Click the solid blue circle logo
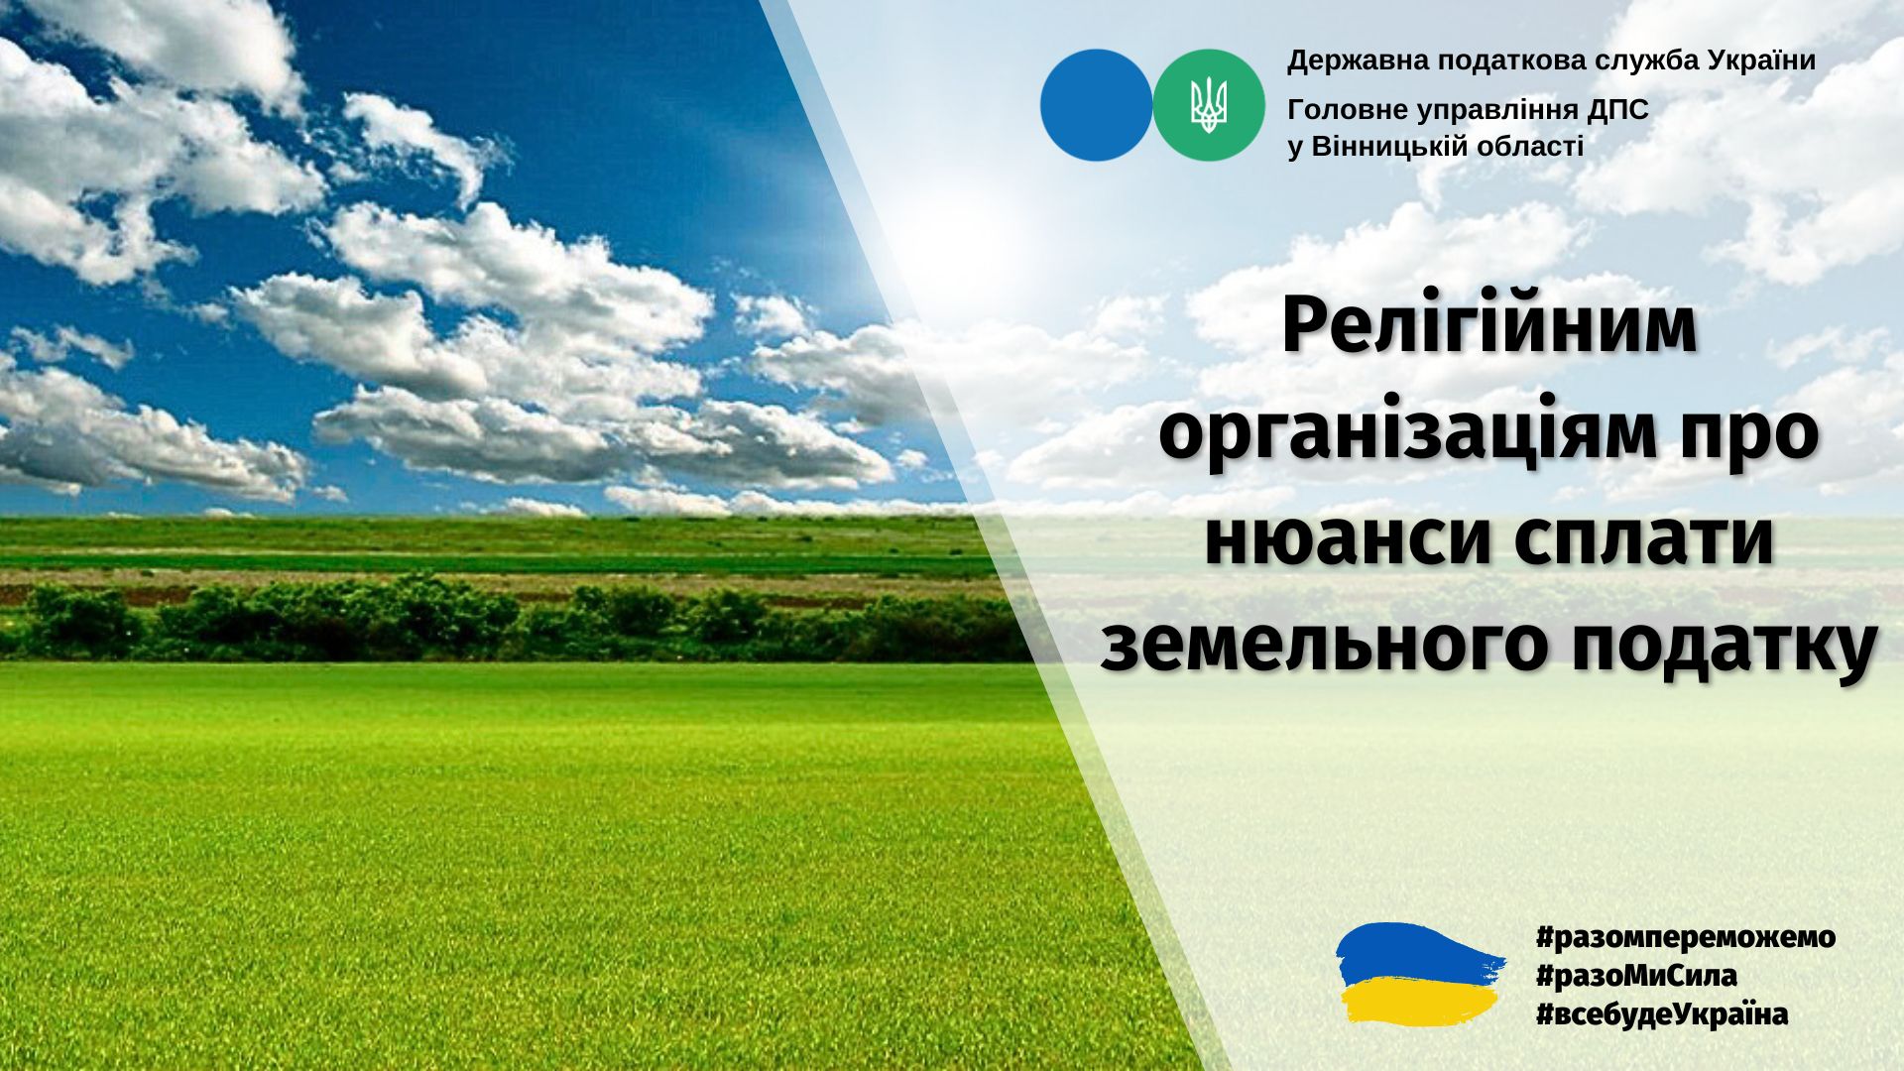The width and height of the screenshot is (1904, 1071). click(1097, 105)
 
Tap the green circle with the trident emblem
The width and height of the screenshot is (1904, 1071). click(1209, 105)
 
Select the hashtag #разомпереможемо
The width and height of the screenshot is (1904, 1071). click(1684, 937)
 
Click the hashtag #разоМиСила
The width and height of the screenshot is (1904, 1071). click(1635, 977)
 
